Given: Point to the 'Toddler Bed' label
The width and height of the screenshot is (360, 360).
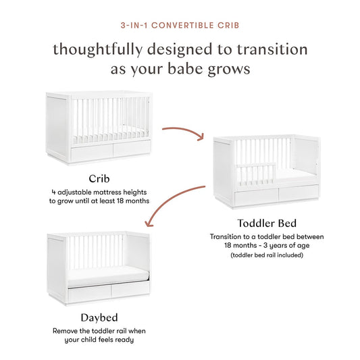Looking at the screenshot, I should [267, 223].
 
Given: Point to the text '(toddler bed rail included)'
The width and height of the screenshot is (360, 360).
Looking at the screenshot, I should [267, 255].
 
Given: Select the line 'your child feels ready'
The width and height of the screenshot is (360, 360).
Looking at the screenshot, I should [99, 340].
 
